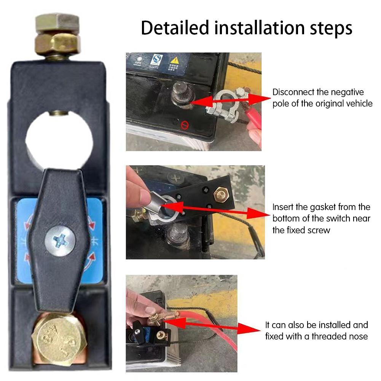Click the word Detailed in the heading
pyautogui.click(x=176, y=28)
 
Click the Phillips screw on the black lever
pyautogui.click(x=60, y=241)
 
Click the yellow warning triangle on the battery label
pyautogui.click(x=174, y=60)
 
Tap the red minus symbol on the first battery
pyautogui.click(x=184, y=124)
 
